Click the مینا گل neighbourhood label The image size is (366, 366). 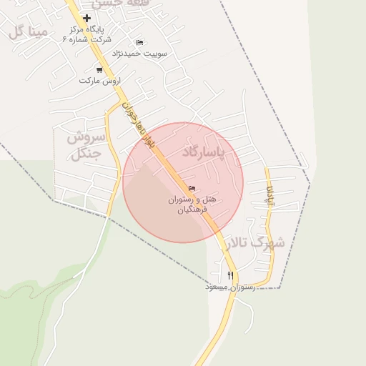29,31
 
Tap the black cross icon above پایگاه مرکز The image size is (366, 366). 87,18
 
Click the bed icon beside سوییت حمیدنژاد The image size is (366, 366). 139,42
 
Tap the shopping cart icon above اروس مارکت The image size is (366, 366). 99,69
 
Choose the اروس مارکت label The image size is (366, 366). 97,81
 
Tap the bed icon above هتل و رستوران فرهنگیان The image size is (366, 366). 192,188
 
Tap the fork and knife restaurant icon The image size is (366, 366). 230,275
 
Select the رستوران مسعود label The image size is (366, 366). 226,287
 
